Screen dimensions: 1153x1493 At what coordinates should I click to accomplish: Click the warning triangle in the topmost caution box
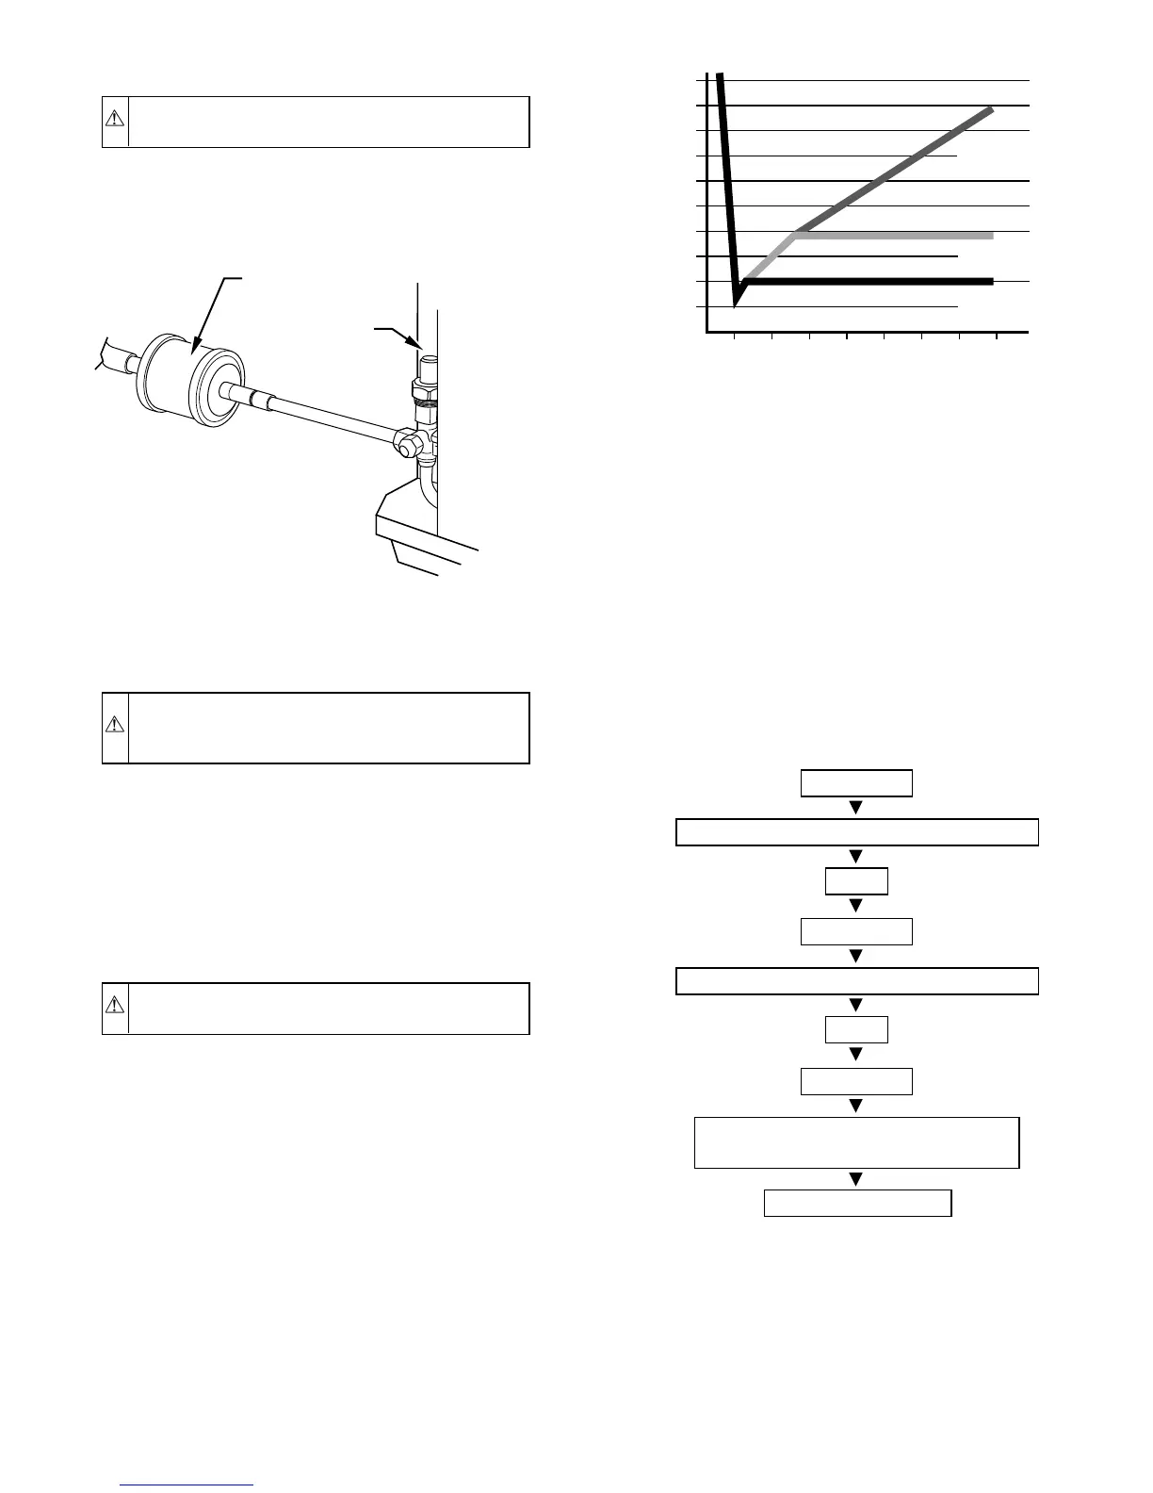tap(114, 120)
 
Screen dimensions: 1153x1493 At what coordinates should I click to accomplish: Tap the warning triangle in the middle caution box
tap(114, 725)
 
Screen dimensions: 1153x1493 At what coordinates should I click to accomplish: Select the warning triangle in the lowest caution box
tap(114, 1005)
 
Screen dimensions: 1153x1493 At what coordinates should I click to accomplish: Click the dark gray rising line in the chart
tap(895, 171)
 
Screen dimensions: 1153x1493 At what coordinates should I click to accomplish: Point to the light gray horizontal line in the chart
tap(895, 235)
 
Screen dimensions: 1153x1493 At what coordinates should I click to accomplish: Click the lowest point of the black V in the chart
tap(735, 304)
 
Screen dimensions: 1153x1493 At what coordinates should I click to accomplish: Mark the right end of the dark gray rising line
tap(992, 109)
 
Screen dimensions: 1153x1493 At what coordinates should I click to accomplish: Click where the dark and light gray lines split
tap(795, 233)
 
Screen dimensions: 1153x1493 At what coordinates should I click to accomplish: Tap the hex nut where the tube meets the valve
tap(408, 443)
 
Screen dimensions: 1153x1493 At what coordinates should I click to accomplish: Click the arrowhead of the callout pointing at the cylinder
tap(194, 350)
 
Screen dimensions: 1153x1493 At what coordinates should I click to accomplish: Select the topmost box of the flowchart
tap(856, 783)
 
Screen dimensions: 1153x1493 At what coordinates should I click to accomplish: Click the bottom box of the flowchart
tap(856, 1204)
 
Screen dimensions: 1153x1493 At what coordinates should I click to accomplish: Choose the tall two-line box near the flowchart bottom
tap(856, 1142)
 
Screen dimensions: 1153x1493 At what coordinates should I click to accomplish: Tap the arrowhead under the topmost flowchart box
tap(856, 808)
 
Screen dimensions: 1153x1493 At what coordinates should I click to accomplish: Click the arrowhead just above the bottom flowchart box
tap(856, 1179)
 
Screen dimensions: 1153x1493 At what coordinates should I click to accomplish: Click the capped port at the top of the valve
tap(429, 364)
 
